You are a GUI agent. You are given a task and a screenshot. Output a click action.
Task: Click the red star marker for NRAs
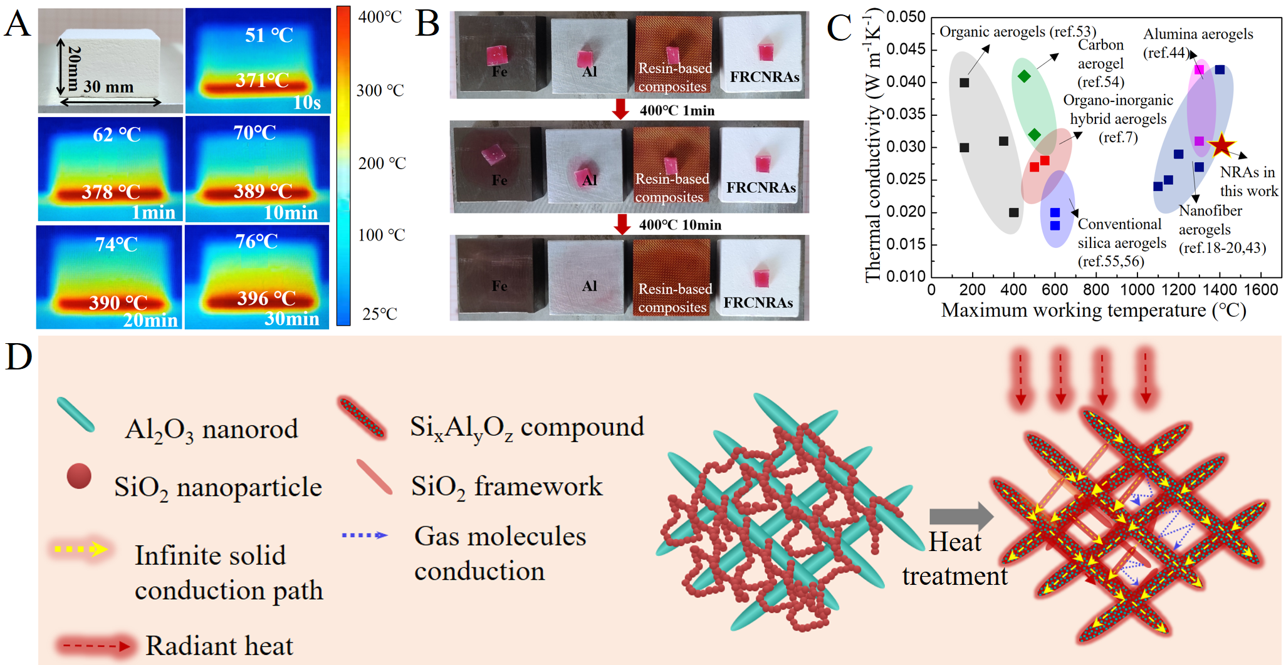pyautogui.click(x=1221, y=145)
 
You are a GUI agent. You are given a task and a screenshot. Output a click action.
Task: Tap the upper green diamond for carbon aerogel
pyautogui.click(x=1024, y=76)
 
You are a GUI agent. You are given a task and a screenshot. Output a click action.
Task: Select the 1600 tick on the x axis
pyautogui.click(x=1261, y=289)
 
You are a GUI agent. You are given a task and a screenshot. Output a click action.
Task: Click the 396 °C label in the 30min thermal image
pyautogui.click(x=266, y=298)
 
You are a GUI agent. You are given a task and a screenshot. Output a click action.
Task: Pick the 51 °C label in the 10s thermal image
pyautogui.click(x=269, y=35)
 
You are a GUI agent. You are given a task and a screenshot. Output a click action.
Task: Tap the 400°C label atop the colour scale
pyautogui.click(x=380, y=17)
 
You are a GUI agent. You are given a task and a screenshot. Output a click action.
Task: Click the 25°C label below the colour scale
pyautogui.click(x=379, y=314)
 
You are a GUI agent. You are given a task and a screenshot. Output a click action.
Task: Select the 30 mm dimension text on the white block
pyautogui.click(x=108, y=87)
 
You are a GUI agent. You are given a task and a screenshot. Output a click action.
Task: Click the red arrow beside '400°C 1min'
pyautogui.click(x=620, y=109)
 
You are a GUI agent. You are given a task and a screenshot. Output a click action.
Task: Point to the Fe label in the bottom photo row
pyautogui.click(x=499, y=286)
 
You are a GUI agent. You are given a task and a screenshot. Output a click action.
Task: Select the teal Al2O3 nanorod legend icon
pyautogui.click(x=76, y=415)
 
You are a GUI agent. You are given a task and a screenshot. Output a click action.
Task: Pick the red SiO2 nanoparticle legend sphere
pyautogui.click(x=79, y=476)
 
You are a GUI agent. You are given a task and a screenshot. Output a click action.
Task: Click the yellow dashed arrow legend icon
pyautogui.click(x=81, y=549)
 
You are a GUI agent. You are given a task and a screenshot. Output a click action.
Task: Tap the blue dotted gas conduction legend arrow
pyautogui.click(x=365, y=535)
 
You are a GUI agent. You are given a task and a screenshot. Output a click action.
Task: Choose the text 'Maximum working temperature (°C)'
pyautogui.click(x=1093, y=311)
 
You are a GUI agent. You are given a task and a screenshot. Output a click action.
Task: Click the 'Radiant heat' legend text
pyautogui.click(x=219, y=646)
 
